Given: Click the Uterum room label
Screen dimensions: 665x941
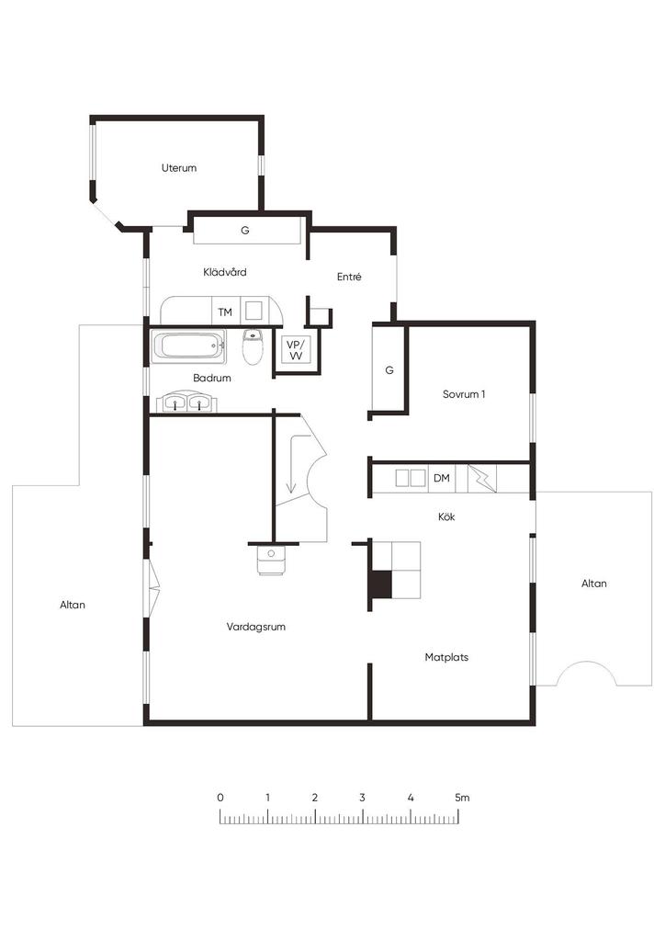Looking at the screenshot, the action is (x=179, y=168).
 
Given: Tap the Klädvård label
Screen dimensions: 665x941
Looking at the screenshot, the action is (x=225, y=272).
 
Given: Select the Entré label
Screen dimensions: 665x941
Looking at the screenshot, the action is (x=349, y=277).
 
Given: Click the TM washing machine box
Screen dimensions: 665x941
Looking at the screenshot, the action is (x=225, y=312).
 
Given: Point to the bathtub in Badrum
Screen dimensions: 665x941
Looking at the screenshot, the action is (x=189, y=346).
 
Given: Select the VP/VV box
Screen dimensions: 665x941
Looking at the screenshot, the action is (x=296, y=350).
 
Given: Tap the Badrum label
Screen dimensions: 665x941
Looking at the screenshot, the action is (x=211, y=378).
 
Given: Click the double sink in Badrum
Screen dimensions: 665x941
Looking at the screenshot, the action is (x=184, y=402).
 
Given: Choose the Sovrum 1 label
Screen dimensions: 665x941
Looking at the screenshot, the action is (x=464, y=394).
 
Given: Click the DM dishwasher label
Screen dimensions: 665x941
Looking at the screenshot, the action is (x=442, y=478).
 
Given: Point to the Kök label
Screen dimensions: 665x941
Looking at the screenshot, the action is (x=446, y=516).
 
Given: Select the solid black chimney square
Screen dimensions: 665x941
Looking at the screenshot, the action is (x=380, y=584).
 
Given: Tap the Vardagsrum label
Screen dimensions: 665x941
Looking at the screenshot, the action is (x=256, y=627).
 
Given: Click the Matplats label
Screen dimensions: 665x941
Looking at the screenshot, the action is (x=446, y=657).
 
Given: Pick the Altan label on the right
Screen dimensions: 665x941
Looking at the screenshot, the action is (x=594, y=584).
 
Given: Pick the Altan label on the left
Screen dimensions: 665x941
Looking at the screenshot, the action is (x=73, y=605).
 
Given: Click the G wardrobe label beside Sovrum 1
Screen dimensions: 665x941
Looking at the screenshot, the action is (x=389, y=370).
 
